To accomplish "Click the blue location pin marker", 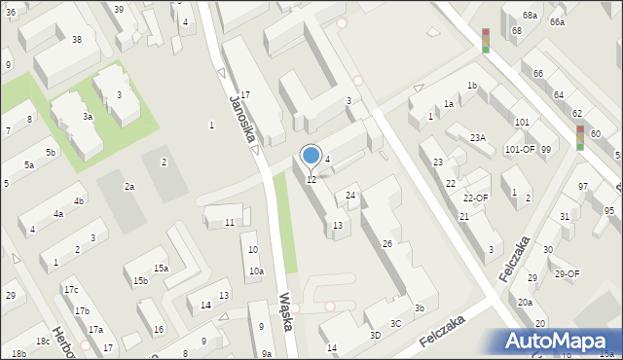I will tap(311, 156).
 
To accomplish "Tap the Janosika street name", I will tap(241, 115).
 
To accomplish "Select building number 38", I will tap(76, 40).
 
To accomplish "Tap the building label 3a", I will tap(88, 116).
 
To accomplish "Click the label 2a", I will tap(128, 186).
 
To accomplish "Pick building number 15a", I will tap(161, 268).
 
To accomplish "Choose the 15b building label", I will tap(141, 281).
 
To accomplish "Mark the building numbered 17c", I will tap(70, 290).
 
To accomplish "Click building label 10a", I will tap(255, 271).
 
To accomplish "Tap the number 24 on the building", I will tap(350, 196).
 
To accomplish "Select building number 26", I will tap(386, 243).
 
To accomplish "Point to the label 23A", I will tap(477, 138).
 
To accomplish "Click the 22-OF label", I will tap(475, 198).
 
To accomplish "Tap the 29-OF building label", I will tap(567, 273).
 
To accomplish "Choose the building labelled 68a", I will tap(530, 16).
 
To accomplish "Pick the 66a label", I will tap(556, 21).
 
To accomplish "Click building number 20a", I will tap(525, 303).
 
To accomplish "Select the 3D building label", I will tap(376, 335).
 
